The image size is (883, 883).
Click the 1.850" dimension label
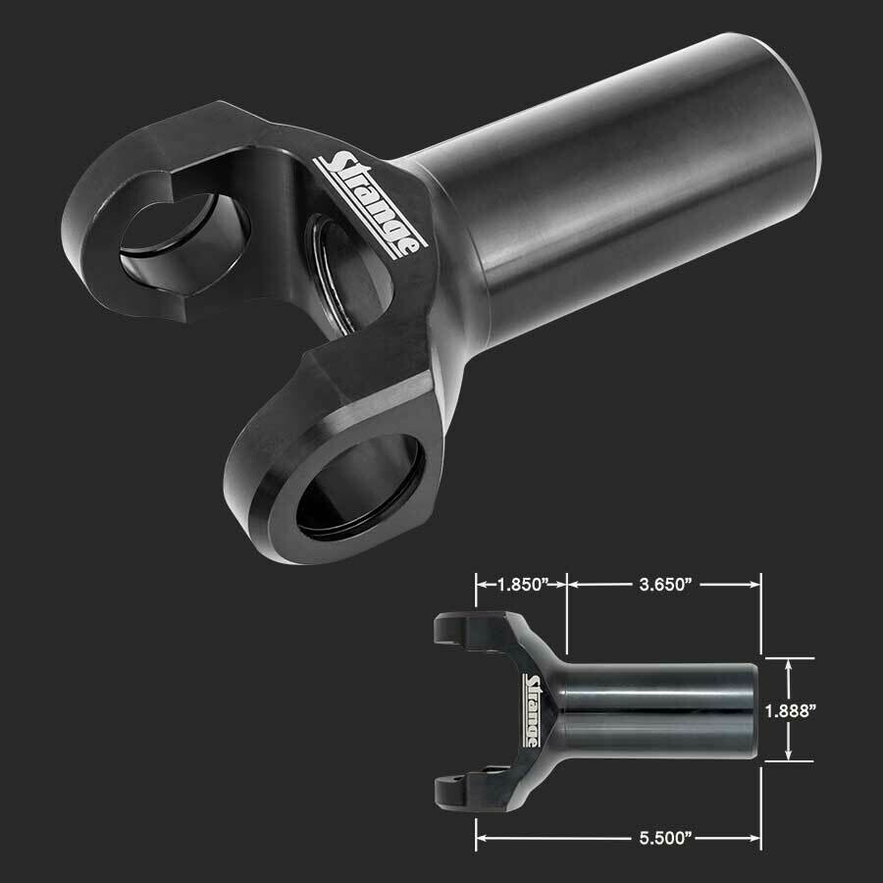pyautogui.click(x=520, y=585)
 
